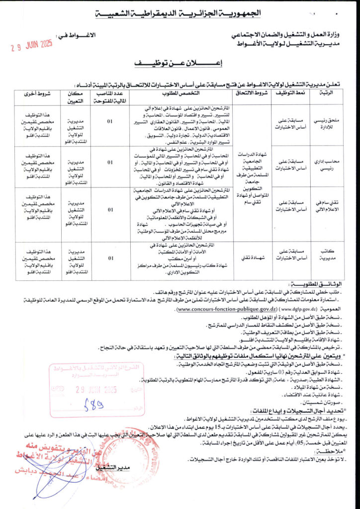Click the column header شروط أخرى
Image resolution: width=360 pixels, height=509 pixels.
click(x=37, y=93)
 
